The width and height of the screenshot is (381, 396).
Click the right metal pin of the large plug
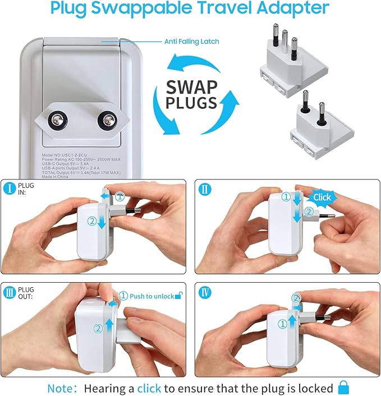[106, 119]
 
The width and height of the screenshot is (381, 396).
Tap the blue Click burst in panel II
[321, 197]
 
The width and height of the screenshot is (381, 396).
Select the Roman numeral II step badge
[205, 189]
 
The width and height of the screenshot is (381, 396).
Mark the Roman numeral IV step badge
[205, 291]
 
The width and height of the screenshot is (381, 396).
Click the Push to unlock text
[151, 296]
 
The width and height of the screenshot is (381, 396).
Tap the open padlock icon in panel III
[178, 295]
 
